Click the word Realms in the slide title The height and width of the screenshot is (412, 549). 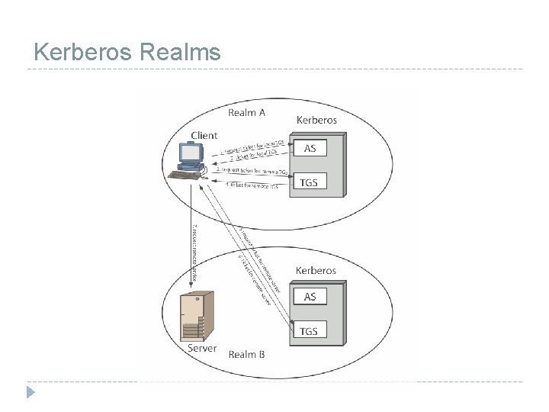(181, 52)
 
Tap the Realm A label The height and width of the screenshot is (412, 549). (247, 113)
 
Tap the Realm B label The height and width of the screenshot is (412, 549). (247, 354)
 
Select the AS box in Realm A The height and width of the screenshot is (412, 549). (310, 148)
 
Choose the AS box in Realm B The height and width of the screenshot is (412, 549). (310, 296)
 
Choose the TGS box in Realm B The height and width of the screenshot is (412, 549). (310, 330)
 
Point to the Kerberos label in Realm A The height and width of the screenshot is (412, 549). (316, 120)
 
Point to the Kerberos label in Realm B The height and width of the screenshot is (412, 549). (316, 270)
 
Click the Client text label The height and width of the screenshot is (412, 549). (204, 136)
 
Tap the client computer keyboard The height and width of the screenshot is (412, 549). (185, 175)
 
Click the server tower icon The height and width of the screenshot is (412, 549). (194, 317)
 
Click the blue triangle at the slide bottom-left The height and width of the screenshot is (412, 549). (30, 392)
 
